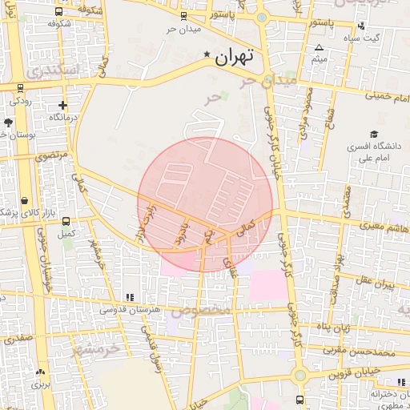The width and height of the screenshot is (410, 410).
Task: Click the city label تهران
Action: [x=235, y=56]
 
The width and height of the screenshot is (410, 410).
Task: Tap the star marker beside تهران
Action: [x=208, y=55]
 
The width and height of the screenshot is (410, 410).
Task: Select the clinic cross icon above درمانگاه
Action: [x=62, y=105]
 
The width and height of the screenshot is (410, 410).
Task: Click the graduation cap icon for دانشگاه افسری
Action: [x=373, y=134]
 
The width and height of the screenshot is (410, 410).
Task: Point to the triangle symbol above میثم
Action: [x=320, y=48]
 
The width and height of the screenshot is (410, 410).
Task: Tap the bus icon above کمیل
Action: [x=66, y=222]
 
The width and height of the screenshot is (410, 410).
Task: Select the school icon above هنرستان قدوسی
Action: [x=130, y=297]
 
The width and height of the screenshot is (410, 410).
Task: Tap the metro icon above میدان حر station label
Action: [x=183, y=16]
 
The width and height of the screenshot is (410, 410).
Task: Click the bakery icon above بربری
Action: [x=40, y=372]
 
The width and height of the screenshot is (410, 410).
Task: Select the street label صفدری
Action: [x=18, y=338]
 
